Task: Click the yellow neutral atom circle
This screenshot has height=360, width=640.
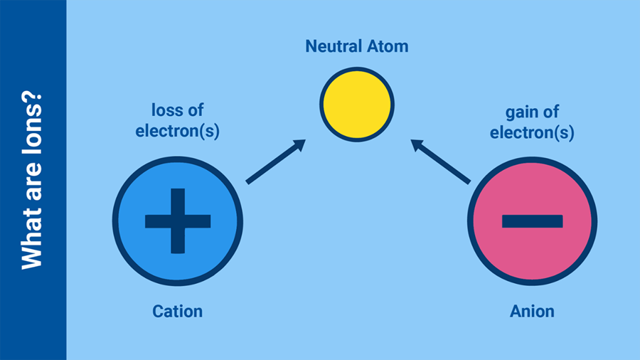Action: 356,103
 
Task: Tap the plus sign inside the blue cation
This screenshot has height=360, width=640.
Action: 178,221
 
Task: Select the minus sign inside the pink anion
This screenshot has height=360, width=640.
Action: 532,221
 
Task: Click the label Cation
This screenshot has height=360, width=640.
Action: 178,312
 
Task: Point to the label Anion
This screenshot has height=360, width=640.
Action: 532,312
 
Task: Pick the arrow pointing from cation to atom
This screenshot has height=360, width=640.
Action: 274,162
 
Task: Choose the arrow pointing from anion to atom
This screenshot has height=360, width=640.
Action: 441,162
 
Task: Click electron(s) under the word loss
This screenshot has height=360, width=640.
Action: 178,132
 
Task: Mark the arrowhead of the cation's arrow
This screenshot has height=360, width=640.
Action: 299,144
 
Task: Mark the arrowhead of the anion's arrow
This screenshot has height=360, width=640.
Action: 417,144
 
